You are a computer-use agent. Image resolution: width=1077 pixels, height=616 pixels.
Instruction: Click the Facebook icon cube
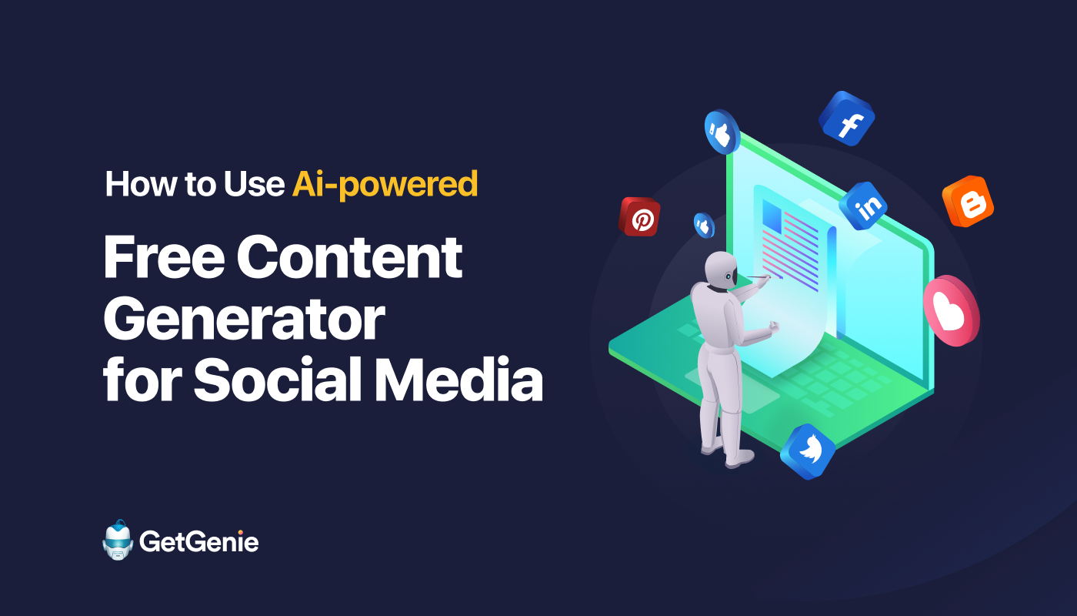pos(847,119)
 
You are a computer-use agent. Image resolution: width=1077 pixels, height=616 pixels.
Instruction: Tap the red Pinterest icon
pos(639,216)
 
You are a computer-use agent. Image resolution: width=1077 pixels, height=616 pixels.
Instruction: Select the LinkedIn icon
pos(863,206)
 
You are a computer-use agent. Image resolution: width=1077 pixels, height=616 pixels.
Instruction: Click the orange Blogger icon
pos(968,201)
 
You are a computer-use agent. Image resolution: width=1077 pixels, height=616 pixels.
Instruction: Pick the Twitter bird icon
pos(808,451)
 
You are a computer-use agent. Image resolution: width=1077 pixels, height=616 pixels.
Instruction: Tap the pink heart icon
pos(952,311)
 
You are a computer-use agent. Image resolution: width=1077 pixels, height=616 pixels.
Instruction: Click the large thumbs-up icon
pos(722,132)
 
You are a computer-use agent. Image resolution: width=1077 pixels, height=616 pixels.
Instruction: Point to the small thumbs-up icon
pos(704,225)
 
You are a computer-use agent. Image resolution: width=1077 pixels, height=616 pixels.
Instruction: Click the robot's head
pos(722,270)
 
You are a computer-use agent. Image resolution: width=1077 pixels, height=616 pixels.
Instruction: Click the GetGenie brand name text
pos(199,542)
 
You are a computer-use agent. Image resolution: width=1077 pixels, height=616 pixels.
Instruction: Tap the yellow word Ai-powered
pos(385,184)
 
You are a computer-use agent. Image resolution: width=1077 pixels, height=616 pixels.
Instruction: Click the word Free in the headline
pos(164,257)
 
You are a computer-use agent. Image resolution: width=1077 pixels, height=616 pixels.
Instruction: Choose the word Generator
pos(245,319)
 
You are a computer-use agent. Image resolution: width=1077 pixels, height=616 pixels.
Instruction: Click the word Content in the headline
pos(349,257)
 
